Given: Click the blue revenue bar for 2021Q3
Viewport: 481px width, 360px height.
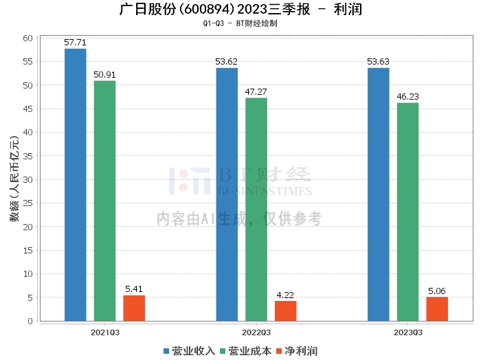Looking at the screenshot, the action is click(x=76, y=185).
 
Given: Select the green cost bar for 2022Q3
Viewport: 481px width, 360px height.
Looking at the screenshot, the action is click(x=256, y=210).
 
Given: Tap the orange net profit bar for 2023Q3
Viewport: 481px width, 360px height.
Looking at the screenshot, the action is click(x=437, y=308).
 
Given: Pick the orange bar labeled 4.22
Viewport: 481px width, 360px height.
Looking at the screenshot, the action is click(x=286, y=311).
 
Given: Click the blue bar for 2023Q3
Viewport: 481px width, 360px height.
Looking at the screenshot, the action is click(x=379, y=194).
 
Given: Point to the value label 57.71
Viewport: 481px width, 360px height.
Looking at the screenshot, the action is click(x=75, y=43).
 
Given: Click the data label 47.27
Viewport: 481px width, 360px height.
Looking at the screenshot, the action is click(x=256, y=91).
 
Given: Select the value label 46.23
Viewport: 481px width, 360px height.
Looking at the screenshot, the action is click(x=407, y=97).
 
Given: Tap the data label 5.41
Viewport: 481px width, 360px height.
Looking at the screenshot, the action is click(x=134, y=289).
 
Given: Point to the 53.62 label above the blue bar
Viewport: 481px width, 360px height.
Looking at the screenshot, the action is click(x=226, y=62).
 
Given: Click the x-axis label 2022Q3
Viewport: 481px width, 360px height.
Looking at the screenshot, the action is click(x=256, y=333).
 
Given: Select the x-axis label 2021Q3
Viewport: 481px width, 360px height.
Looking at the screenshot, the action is click(x=105, y=333).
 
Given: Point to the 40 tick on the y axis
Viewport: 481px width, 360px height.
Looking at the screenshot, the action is click(x=28, y=132).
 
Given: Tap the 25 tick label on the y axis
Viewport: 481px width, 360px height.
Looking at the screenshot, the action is click(x=28, y=203).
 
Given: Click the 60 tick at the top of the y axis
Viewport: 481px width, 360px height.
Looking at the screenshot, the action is click(x=28, y=38).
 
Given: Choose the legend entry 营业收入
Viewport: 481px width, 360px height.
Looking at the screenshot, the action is click(x=189, y=351).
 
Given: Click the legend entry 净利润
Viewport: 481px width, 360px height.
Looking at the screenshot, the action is click(x=298, y=351).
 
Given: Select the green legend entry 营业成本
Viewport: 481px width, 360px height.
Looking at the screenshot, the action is click(x=246, y=351).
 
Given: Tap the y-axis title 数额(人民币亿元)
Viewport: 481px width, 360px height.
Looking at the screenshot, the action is click(x=14, y=179).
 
